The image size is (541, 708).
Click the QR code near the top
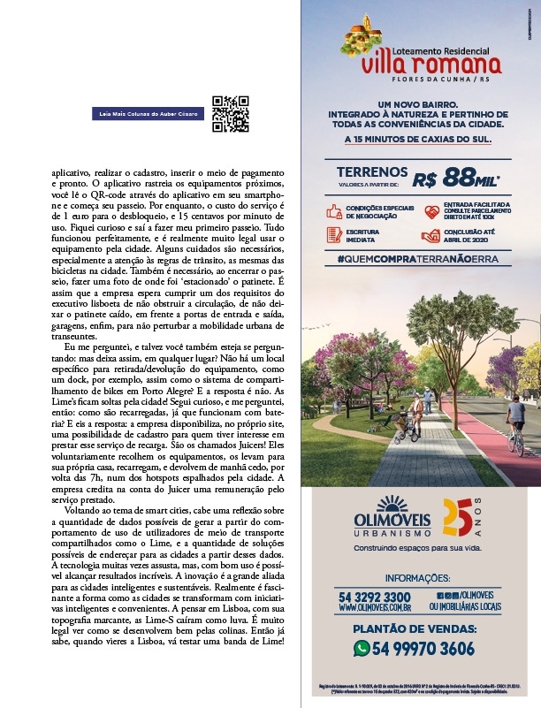pos(230,113)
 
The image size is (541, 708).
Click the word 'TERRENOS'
pos(372,172)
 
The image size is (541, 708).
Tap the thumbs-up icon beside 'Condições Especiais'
pos(334,212)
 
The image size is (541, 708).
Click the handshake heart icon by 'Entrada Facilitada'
pos(431,212)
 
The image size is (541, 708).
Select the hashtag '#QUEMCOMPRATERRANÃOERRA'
pos(412,259)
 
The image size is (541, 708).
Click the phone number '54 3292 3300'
pos(374,598)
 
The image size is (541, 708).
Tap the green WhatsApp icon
pos(362,648)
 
